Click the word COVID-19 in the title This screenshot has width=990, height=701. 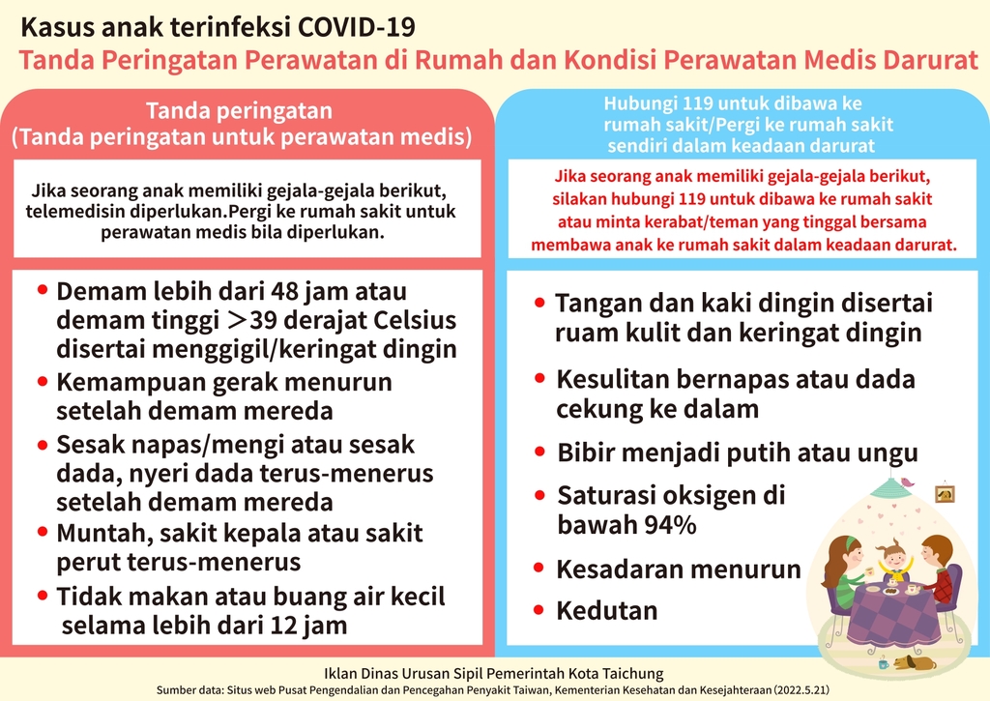pyautogui.click(x=356, y=27)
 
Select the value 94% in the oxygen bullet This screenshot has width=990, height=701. pyautogui.click(x=670, y=525)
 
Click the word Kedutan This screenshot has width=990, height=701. pyautogui.click(x=607, y=611)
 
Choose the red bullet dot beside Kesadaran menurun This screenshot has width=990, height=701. pyautogui.click(x=539, y=568)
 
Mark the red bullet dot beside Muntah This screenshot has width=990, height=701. pyautogui.click(x=43, y=532)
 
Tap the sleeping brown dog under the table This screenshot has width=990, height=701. pyautogui.click(x=915, y=662)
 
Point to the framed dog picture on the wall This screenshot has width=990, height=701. pyautogui.click(x=945, y=493)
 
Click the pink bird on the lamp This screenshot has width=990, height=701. pyautogui.click(x=907, y=482)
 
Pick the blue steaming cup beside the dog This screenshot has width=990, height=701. pyautogui.click(x=884, y=663)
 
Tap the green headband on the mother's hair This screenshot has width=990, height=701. pyautogui.click(x=850, y=542)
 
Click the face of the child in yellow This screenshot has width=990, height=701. pyautogui.click(x=892, y=558)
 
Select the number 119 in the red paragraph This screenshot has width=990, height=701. pyautogui.click(x=692, y=199)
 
